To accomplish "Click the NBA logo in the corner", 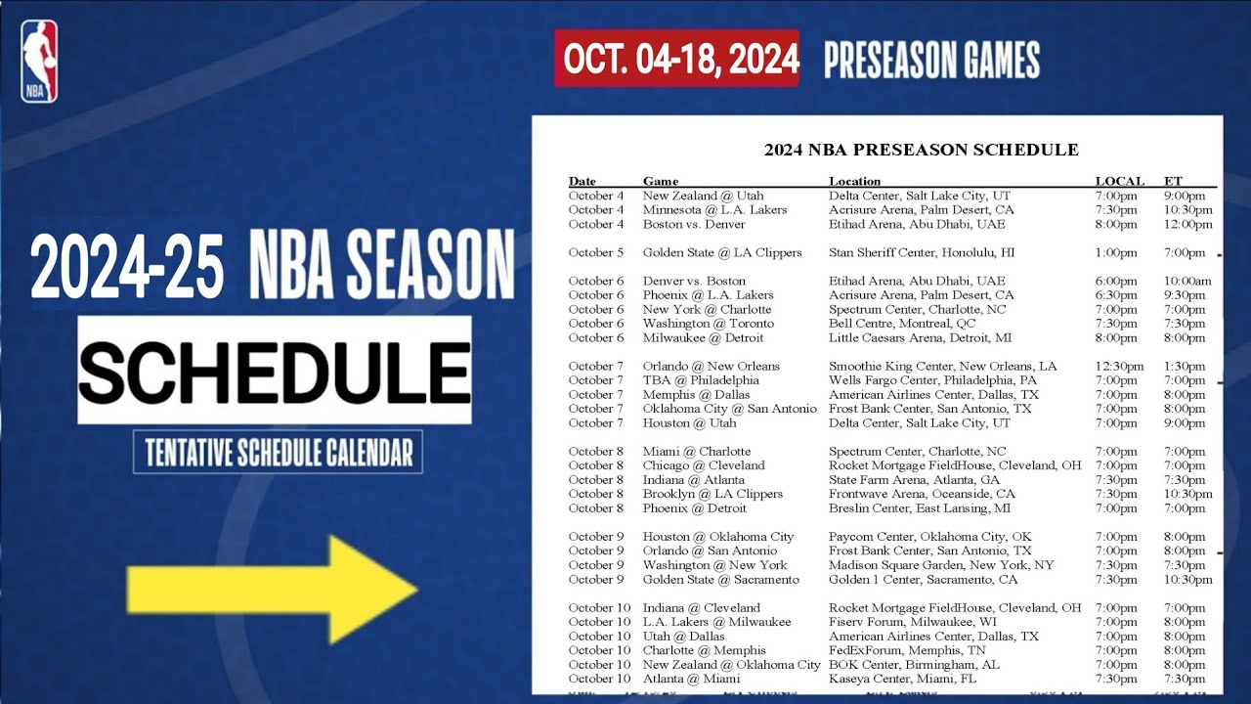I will (39, 62).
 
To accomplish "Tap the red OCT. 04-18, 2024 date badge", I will (676, 59).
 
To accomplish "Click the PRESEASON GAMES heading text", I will (931, 61).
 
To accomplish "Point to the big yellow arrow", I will (272, 589).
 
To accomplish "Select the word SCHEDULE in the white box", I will (275, 370).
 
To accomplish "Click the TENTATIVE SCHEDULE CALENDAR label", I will (279, 453).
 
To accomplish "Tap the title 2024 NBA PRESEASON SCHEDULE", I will (921, 150).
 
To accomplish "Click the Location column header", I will (854, 181).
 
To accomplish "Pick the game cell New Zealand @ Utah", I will (703, 196).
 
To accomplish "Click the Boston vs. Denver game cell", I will (694, 224).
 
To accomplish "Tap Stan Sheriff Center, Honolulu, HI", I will (923, 252).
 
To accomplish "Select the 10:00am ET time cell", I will (1187, 281).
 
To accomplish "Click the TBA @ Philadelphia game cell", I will (700, 380).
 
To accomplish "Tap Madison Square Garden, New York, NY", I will (941, 565).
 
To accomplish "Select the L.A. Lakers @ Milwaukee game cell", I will (716, 622).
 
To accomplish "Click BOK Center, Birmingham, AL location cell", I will (913, 665).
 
